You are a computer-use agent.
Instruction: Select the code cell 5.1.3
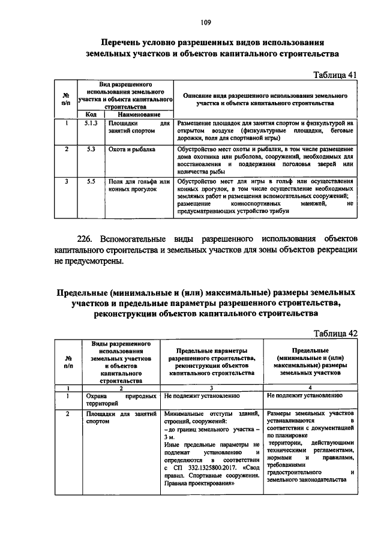click(91, 123)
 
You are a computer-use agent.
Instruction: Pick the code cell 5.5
click(91, 181)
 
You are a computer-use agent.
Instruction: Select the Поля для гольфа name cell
click(139, 185)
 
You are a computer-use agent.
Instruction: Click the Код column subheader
click(91, 114)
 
